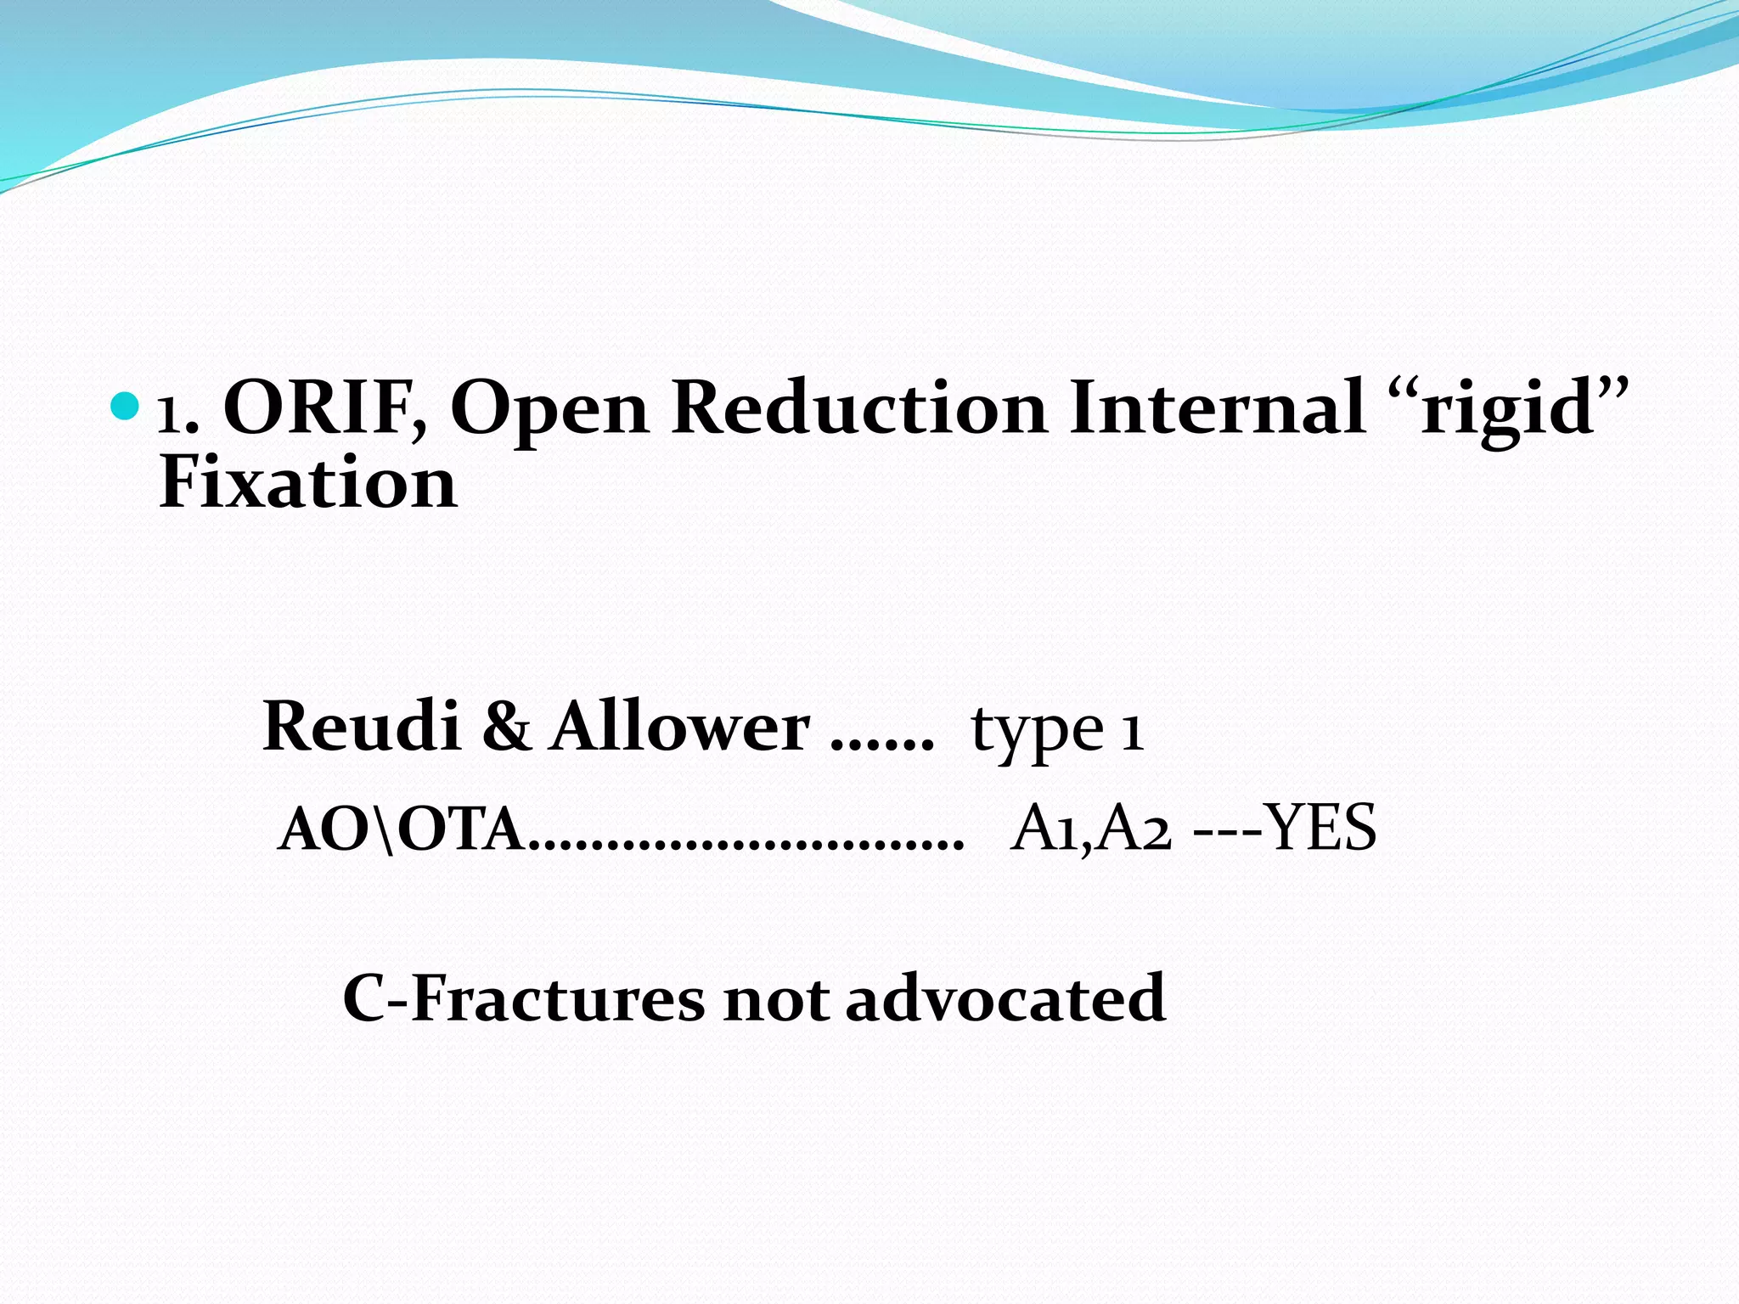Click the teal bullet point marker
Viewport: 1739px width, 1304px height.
[124, 407]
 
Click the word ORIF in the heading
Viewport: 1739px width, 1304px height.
[324, 408]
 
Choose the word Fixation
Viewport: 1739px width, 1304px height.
[308, 483]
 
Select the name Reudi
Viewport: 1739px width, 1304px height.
[362, 727]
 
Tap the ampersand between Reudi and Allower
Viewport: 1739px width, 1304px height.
[506, 728]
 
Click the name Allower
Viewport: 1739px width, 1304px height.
[679, 727]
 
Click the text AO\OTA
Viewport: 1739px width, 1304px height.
[399, 829]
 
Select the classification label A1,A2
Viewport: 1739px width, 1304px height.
[1092, 829]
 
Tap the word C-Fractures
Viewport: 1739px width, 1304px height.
[523, 999]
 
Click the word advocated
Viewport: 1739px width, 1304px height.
[1005, 999]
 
